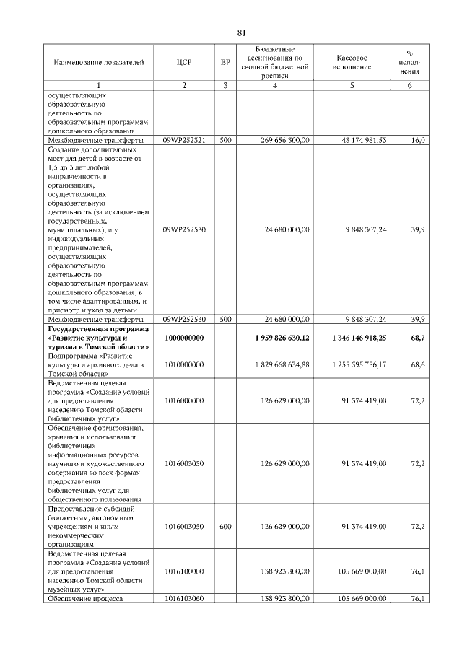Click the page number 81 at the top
(242, 32)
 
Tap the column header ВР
(225, 62)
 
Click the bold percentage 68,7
(417, 338)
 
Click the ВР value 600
(225, 527)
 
